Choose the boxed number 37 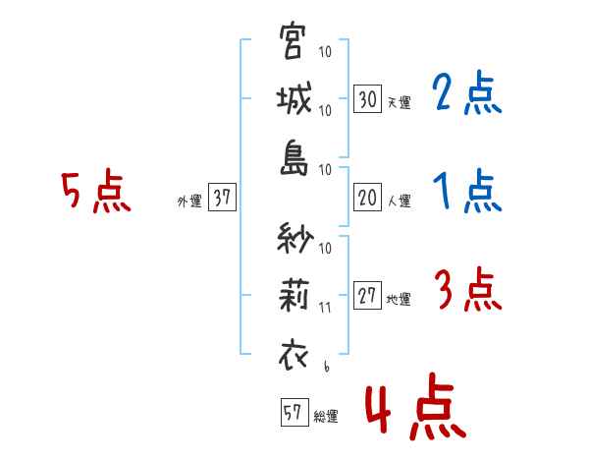pos(222,198)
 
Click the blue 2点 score pos(467,94)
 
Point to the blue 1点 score pos(467,192)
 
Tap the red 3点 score pos(467,292)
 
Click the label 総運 pos(325,416)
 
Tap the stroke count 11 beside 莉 pos(325,307)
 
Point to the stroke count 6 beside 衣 pos(325,368)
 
